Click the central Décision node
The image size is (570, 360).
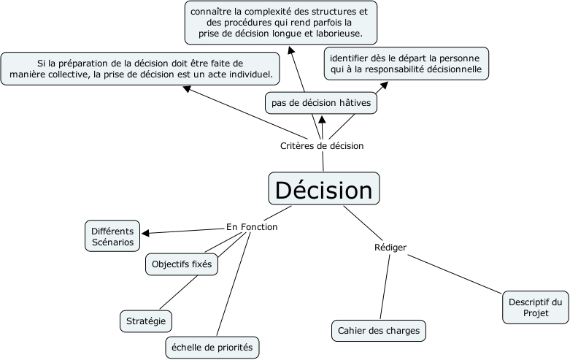[x=323, y=190]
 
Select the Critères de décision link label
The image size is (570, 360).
[x=322, y=145]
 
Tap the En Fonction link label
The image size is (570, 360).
[x=252, y=227]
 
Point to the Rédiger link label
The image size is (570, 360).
[x=390, y=248]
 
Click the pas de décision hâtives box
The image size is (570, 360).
[x=321, y=104]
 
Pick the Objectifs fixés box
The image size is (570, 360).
[x=182, y=264]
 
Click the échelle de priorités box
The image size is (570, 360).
[x=212, y=348]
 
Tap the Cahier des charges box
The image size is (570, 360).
[x=379, y=331]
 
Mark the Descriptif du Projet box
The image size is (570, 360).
[x=536, y=307]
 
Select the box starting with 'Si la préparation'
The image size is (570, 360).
[x=142, y=69]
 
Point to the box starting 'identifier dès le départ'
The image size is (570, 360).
[x=406, y=64]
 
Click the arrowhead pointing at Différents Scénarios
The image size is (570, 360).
[x=146, y=234]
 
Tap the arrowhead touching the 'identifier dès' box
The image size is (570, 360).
[x=383, y=84]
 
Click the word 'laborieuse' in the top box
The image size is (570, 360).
[x=349, y=34]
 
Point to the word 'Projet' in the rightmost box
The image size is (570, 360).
[x=536, y=313]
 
